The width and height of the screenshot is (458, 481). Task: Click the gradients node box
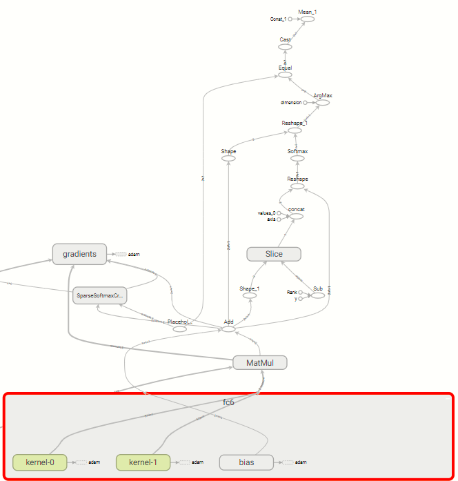pyautogui.click(x=80, y=254)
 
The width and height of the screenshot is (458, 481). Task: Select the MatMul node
pyautogui.click(x=257, y=363)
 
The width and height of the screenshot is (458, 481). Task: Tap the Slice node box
pyautogui.click(x=274, y=254)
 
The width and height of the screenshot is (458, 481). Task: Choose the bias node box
pyautogui.click(x=246, y=462)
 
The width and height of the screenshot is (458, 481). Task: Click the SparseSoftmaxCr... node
pyautogui.click(x=100, y=296)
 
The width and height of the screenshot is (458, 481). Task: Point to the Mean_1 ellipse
pyautogui.click(x=306, y=19)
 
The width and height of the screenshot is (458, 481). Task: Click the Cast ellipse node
pyautogui.click(x=286, y=47)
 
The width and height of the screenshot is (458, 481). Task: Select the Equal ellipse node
pyautogui.click(x=286, y=75)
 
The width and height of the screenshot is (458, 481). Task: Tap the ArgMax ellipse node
pyautogui.click(x=322, y=102)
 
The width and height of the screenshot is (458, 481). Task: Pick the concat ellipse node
pyautogui.click(x=297, y=215)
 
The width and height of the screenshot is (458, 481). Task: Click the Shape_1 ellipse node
pyautogui.click(x=250, y=295)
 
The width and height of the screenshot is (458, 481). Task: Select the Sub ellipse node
pyautogui.click(x=317, y=295)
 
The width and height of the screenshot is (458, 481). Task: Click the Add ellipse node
pyautogui.click(x=228, y=329)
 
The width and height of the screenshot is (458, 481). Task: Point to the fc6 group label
pyautogui.click(x=228, y=402)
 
